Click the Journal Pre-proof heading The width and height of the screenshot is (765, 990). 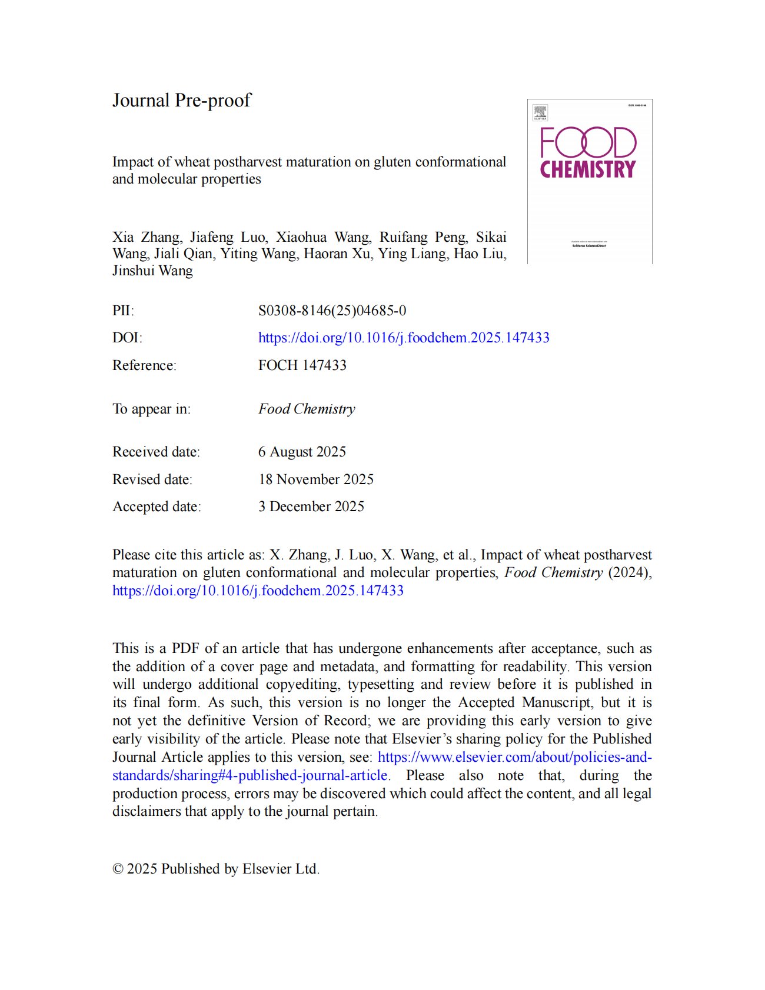(181, 101)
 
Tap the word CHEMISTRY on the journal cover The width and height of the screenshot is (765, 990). (588, 169)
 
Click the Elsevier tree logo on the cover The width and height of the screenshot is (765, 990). (540, 112)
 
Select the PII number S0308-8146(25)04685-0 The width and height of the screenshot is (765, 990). (332, 311)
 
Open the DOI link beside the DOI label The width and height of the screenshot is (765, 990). (404, 338)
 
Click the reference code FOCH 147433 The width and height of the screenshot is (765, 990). (302, 365)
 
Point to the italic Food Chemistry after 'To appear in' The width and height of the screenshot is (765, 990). (307, 409)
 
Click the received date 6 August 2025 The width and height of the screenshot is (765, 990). (302, 452)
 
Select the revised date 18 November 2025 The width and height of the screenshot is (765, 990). (315, 479)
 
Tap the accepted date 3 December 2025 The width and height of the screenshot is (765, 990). (311, 506)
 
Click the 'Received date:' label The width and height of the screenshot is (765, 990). (156, 452)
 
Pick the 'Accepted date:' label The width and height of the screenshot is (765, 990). (157, 506)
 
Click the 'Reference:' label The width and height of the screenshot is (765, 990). (144, 365)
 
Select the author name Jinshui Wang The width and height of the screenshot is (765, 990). (152, 271)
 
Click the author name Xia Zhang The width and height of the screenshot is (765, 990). (147, 237)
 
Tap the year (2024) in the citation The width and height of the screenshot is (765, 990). (630, 572)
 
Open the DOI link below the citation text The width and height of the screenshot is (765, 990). (258, 591)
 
